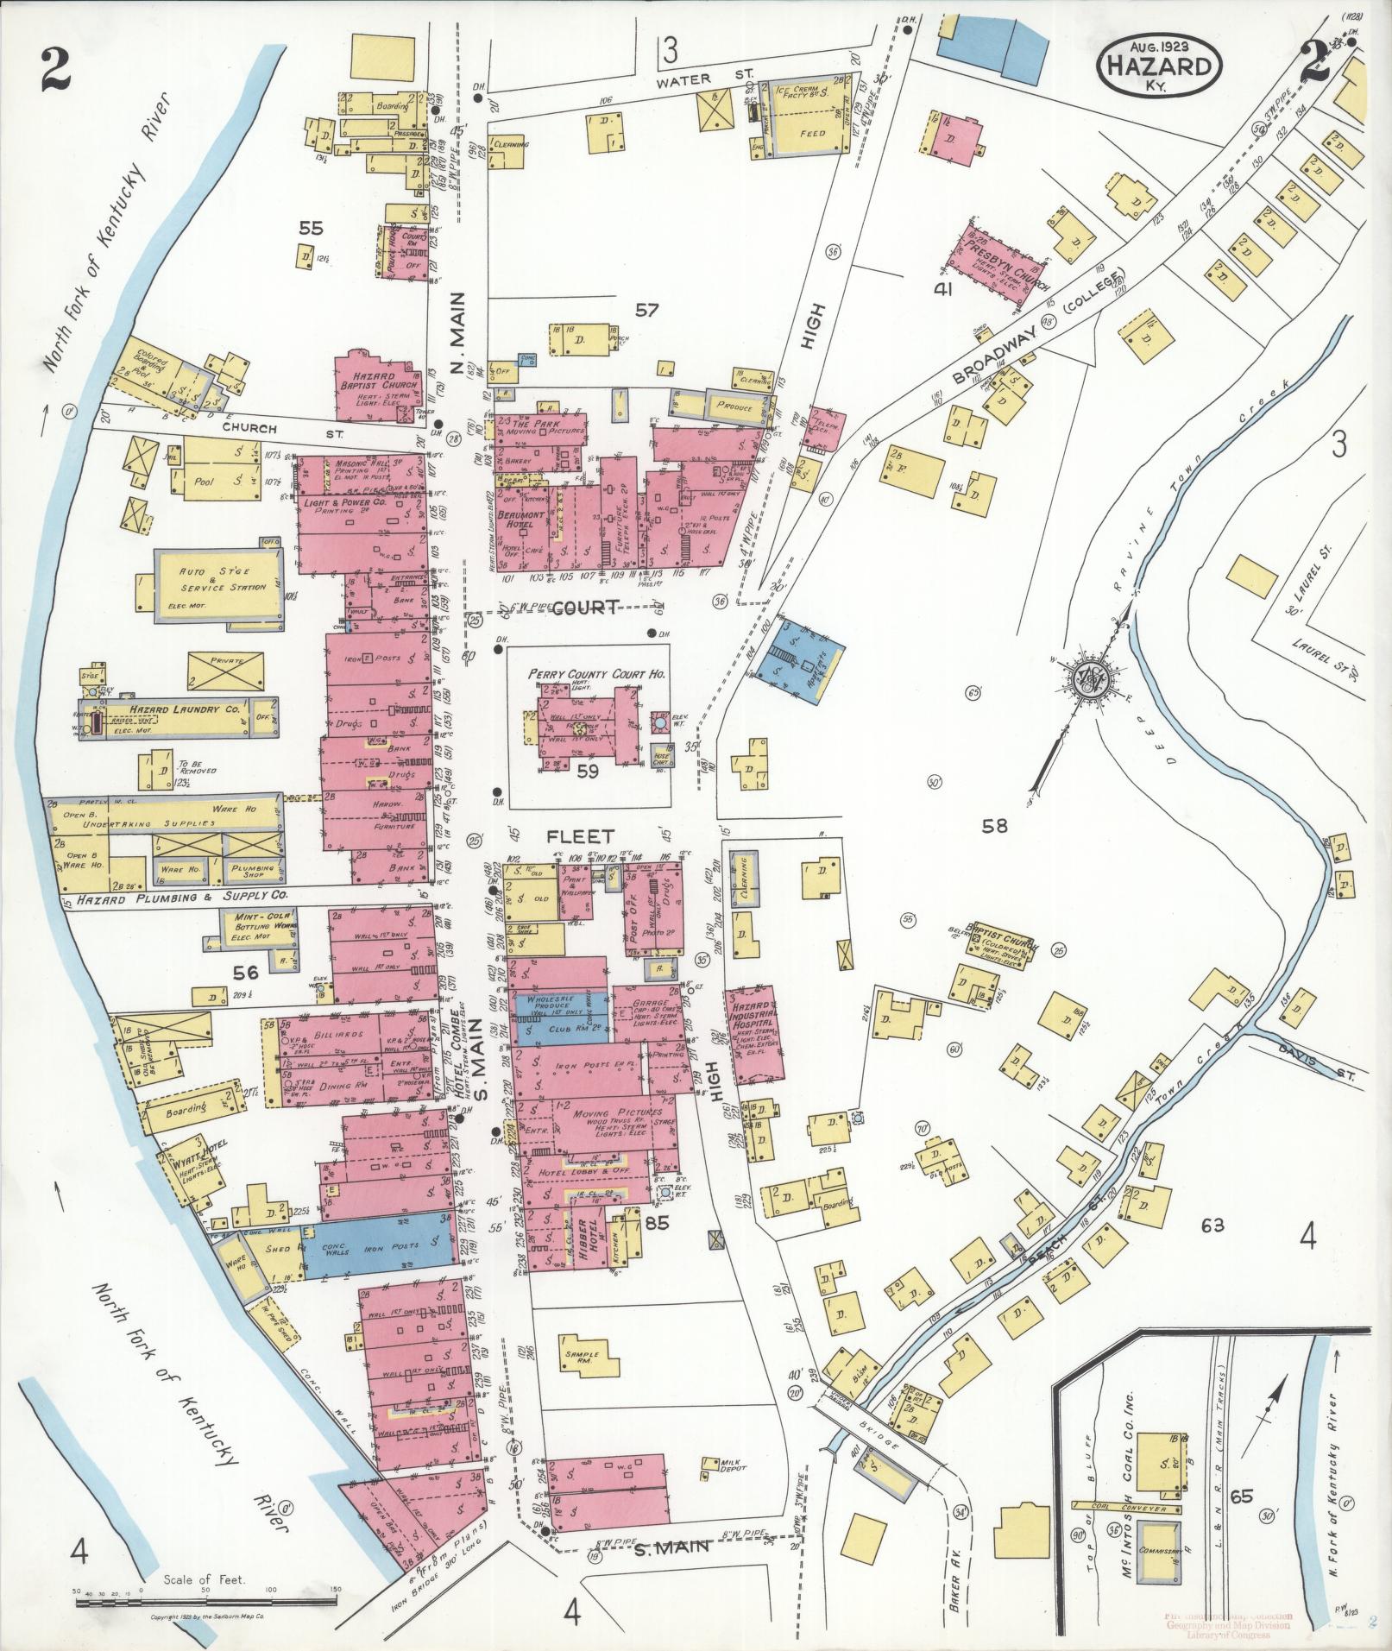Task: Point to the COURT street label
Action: coord(587,608)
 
